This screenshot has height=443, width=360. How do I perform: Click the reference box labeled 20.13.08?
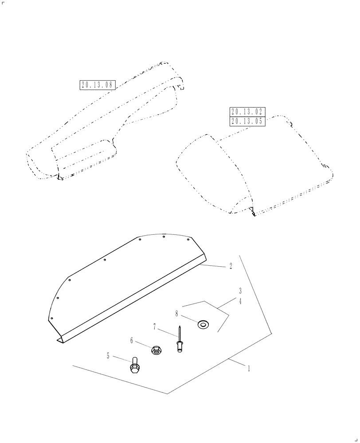click(98, 85)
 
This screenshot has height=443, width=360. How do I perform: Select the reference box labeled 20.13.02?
click(247, 112)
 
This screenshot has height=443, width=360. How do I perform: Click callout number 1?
click(249, 368)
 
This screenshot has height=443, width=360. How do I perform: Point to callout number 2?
click(231, 267)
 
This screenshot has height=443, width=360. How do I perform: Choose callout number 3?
click(240, 291)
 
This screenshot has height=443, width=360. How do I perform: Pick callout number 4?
click(240, 301)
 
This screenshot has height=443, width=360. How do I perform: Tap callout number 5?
click(107, 356)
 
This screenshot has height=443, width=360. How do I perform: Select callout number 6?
click(131, 341)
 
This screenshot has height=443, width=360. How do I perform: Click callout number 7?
click(154, 327)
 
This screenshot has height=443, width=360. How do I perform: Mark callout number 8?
click(176, 314)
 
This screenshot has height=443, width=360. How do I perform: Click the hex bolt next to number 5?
click(135, 366)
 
